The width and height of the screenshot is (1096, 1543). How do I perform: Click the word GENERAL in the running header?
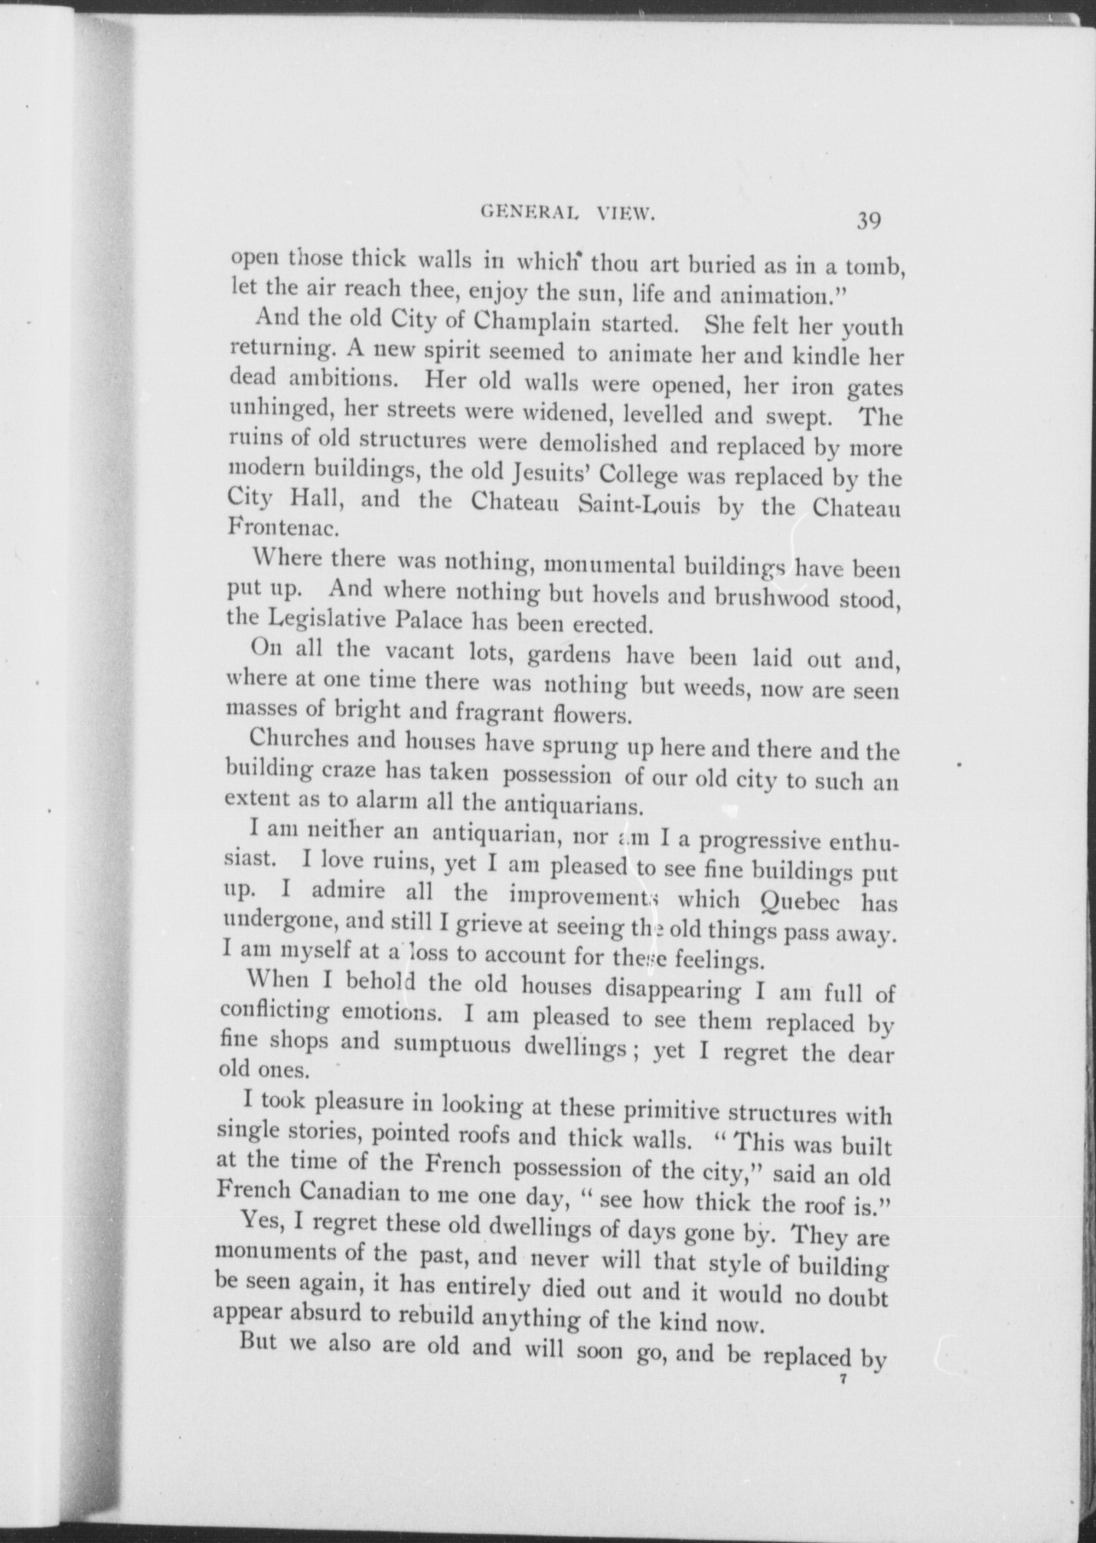click(532, 215)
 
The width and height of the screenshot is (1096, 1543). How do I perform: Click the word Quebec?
click(796, 902)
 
